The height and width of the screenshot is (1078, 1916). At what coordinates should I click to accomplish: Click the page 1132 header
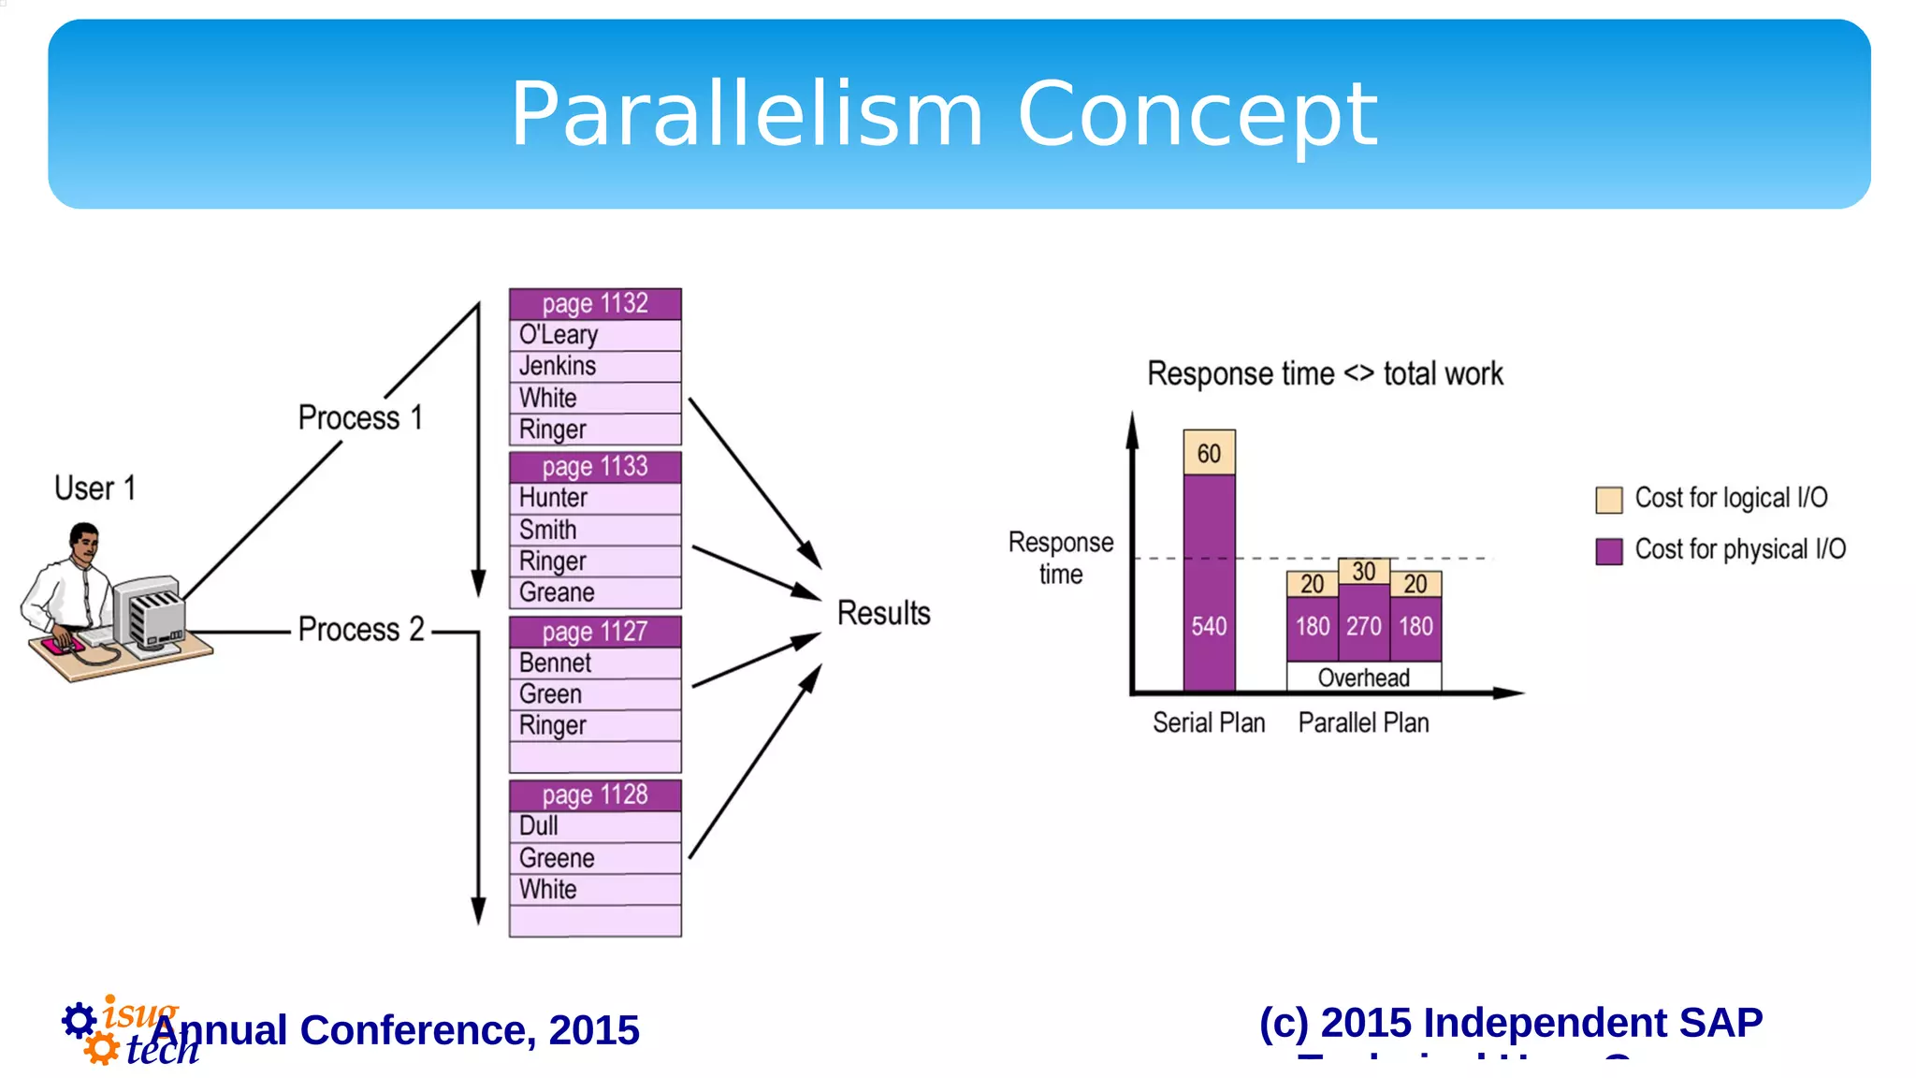pos(595,304)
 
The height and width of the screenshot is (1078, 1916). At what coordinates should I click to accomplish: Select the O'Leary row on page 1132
pos(595,335)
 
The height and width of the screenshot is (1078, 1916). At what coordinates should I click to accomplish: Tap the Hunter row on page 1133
pos(595,498)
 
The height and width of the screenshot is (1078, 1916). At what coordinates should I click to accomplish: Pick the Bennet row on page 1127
pos(595,663)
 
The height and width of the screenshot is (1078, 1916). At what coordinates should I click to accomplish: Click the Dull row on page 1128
pos(595,826)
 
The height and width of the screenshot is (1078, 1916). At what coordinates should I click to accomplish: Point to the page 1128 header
pos(595,795)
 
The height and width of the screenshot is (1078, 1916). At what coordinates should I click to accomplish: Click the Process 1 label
pos(360,417)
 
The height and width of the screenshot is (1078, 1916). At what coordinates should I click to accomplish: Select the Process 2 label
pos(361,630)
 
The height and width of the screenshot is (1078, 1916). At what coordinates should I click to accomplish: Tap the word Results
pos(883,613)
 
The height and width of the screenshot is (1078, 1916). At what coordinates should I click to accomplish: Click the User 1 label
pos(94,488)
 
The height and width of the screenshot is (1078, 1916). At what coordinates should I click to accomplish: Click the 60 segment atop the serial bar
pos(1209,453)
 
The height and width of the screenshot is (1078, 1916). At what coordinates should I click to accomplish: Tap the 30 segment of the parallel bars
pos(1363,571)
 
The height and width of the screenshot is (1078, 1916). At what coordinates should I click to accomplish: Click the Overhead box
pos(1363,677)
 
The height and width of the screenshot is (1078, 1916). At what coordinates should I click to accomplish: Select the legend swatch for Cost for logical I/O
pos(1608,500)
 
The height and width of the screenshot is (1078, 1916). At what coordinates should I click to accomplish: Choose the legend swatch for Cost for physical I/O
pos(1608,551)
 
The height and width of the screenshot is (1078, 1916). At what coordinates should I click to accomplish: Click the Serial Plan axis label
pos(1208,722)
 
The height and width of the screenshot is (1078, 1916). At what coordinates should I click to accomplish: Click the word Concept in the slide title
pos(1197,114)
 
